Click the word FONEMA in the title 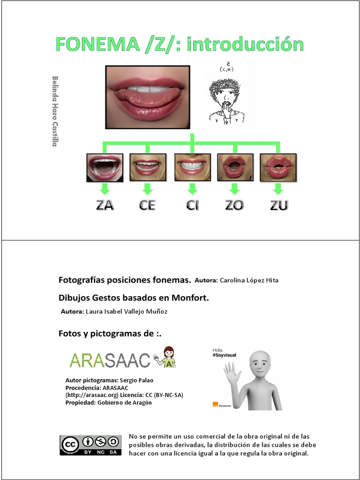(96, 45)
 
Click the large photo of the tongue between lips (148, 97)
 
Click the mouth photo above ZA (105, 167)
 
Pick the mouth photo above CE (148, 167)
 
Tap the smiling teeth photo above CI (192, 167)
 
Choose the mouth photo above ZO (235, 167)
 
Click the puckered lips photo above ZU (278, 167)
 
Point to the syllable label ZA (105, 205)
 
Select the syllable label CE (147, 205)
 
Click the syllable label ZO (234, 205)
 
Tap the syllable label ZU (278, 205)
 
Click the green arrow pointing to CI (192, 189)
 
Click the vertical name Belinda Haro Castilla (55, 111)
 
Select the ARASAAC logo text (110, 360)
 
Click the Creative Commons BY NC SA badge (90, 445)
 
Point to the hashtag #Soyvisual (225, 355)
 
